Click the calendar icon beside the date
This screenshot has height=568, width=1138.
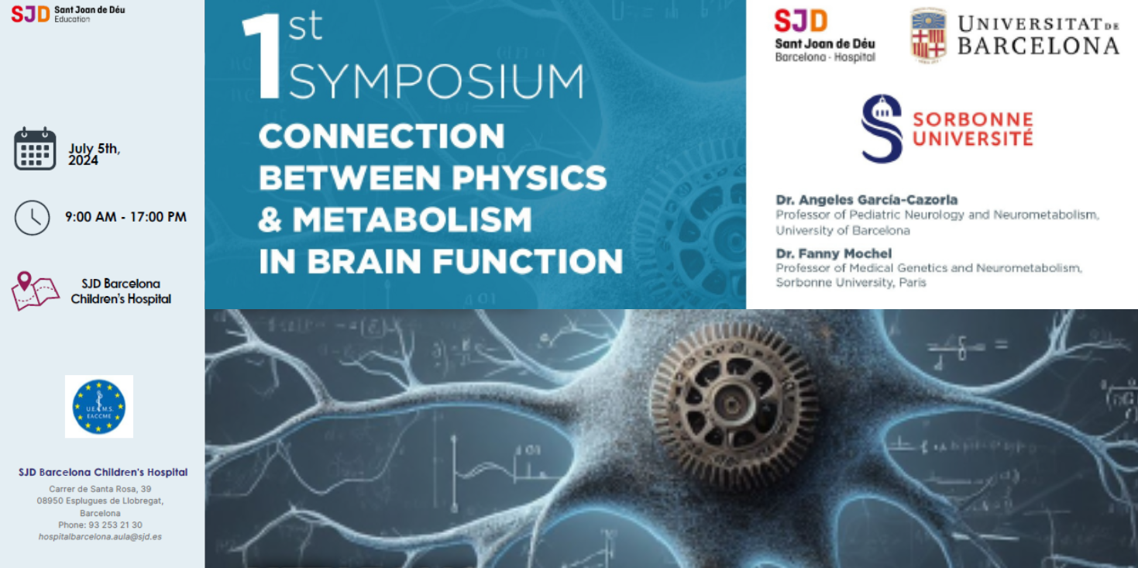coord(35,148)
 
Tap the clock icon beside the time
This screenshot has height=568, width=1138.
coord(32,218)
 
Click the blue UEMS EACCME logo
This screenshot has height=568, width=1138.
coord(99,406)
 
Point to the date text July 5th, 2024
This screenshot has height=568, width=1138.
coord(94,154)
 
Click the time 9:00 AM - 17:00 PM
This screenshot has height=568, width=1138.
coord(125,217)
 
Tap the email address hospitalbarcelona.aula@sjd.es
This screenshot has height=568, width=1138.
coord(100,536)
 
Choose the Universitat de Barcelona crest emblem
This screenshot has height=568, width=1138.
coord(928,36)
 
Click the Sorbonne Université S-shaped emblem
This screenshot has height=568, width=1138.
coord(882,129)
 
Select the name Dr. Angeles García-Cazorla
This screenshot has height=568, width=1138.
coord(866,200)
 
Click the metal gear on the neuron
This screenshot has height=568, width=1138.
coord(733,396)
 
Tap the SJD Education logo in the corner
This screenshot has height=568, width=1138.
coord(67,13)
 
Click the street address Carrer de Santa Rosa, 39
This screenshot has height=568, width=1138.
coord(100,489)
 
